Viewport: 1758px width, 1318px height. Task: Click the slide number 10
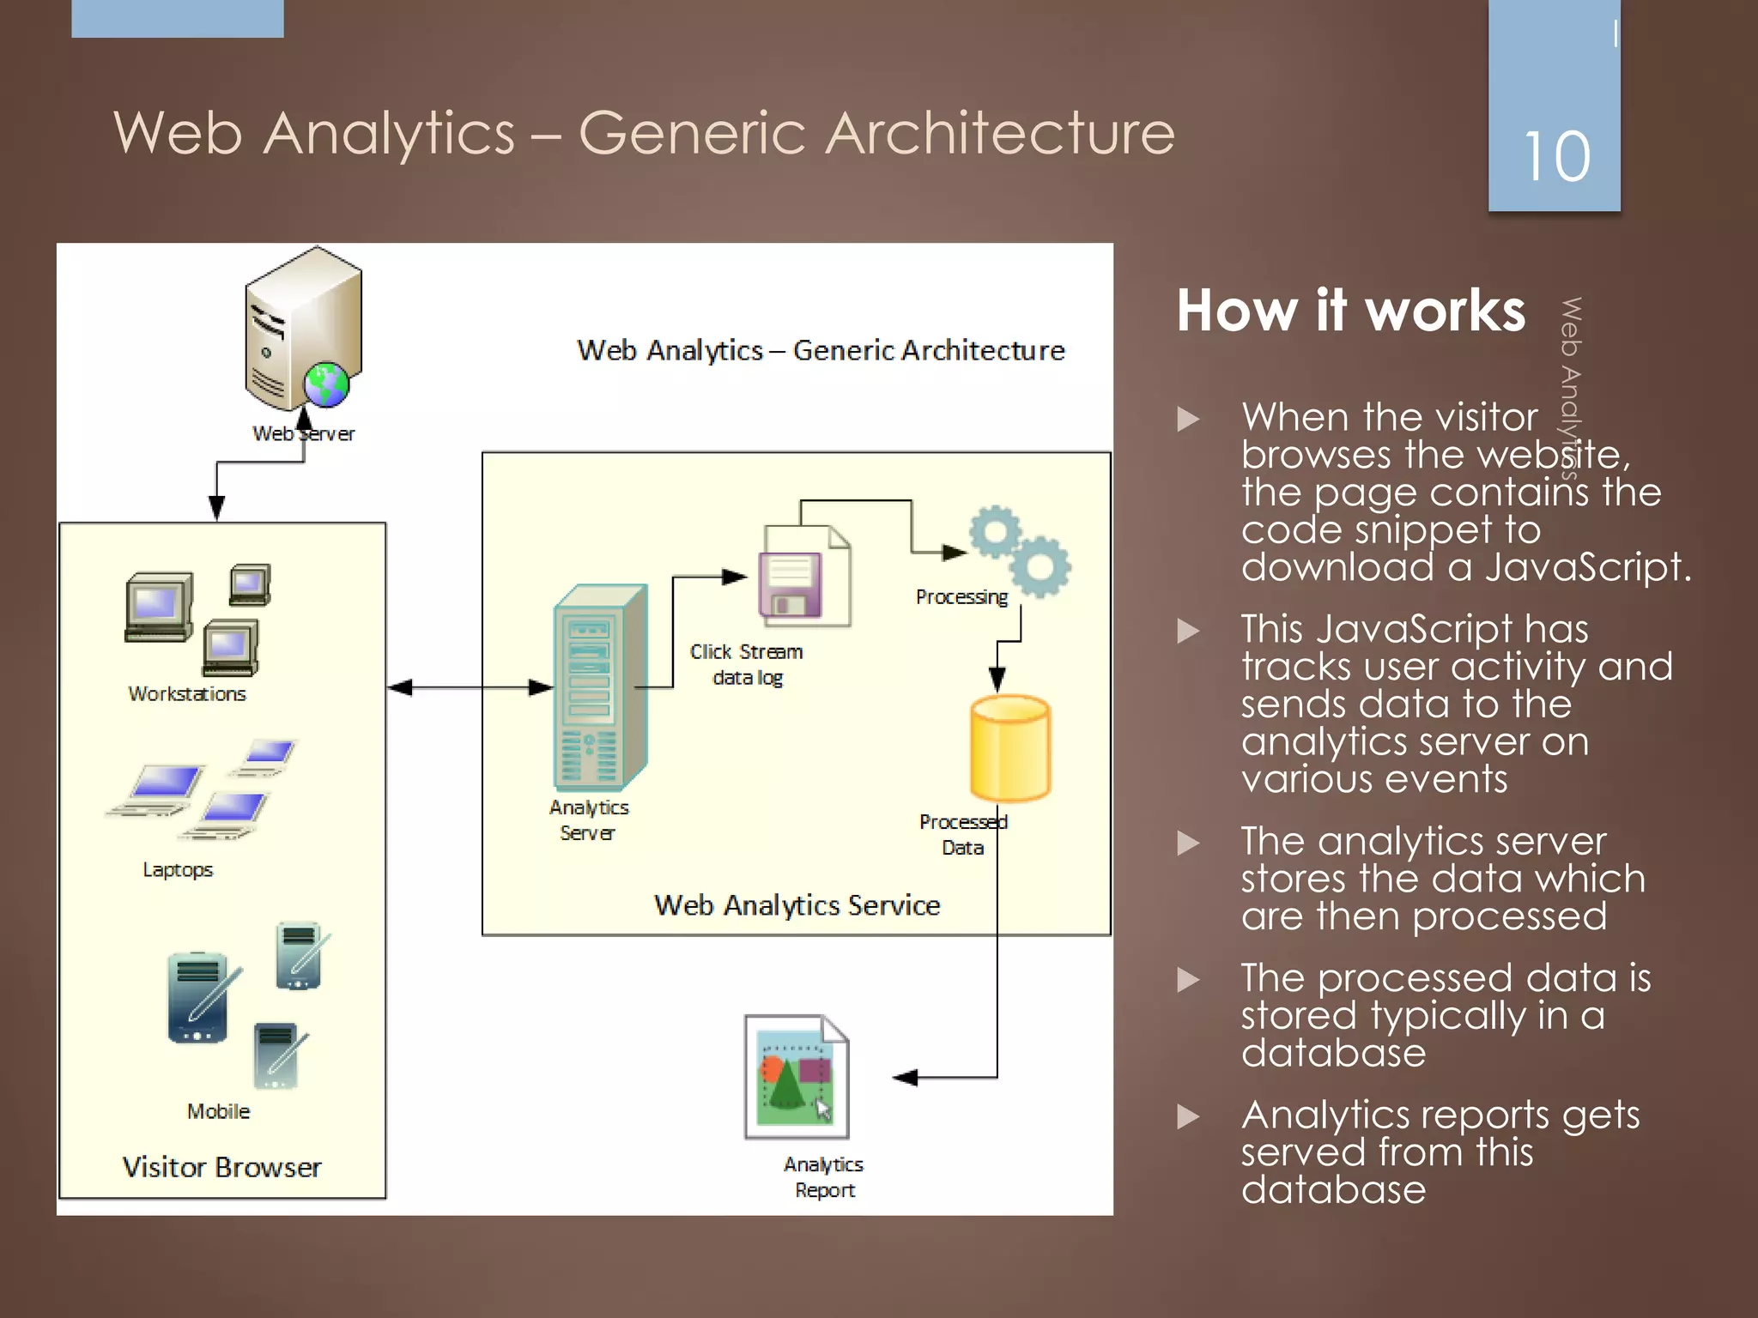click(x=1556, y=157)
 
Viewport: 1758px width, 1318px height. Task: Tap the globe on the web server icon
click(x=326, y=384)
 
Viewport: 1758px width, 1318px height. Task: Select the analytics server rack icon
click(x=598, y=686)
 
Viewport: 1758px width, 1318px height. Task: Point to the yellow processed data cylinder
click(x=1009, y=748)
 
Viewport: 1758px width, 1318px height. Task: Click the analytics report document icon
click(x=796, y=1077)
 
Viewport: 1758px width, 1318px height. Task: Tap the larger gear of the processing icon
click(x=1040, y=566)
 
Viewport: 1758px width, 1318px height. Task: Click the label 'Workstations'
click(x=187, y=693)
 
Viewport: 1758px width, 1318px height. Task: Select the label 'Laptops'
click(x=178, y=869)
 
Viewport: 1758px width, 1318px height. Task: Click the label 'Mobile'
click(x=218, y=1111)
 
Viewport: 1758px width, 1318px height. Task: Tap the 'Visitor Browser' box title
click(x=221, y=1167)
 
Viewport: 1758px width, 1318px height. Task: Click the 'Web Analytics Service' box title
click(x=797, y=905)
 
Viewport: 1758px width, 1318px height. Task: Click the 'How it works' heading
click(x=1351, y=311)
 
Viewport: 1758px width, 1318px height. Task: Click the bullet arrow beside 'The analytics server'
click(x=1188, y=843)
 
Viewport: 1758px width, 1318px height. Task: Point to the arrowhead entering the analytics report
click(x=906, y=1078)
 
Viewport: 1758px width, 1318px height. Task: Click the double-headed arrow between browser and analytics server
click(x=470, y=687)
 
